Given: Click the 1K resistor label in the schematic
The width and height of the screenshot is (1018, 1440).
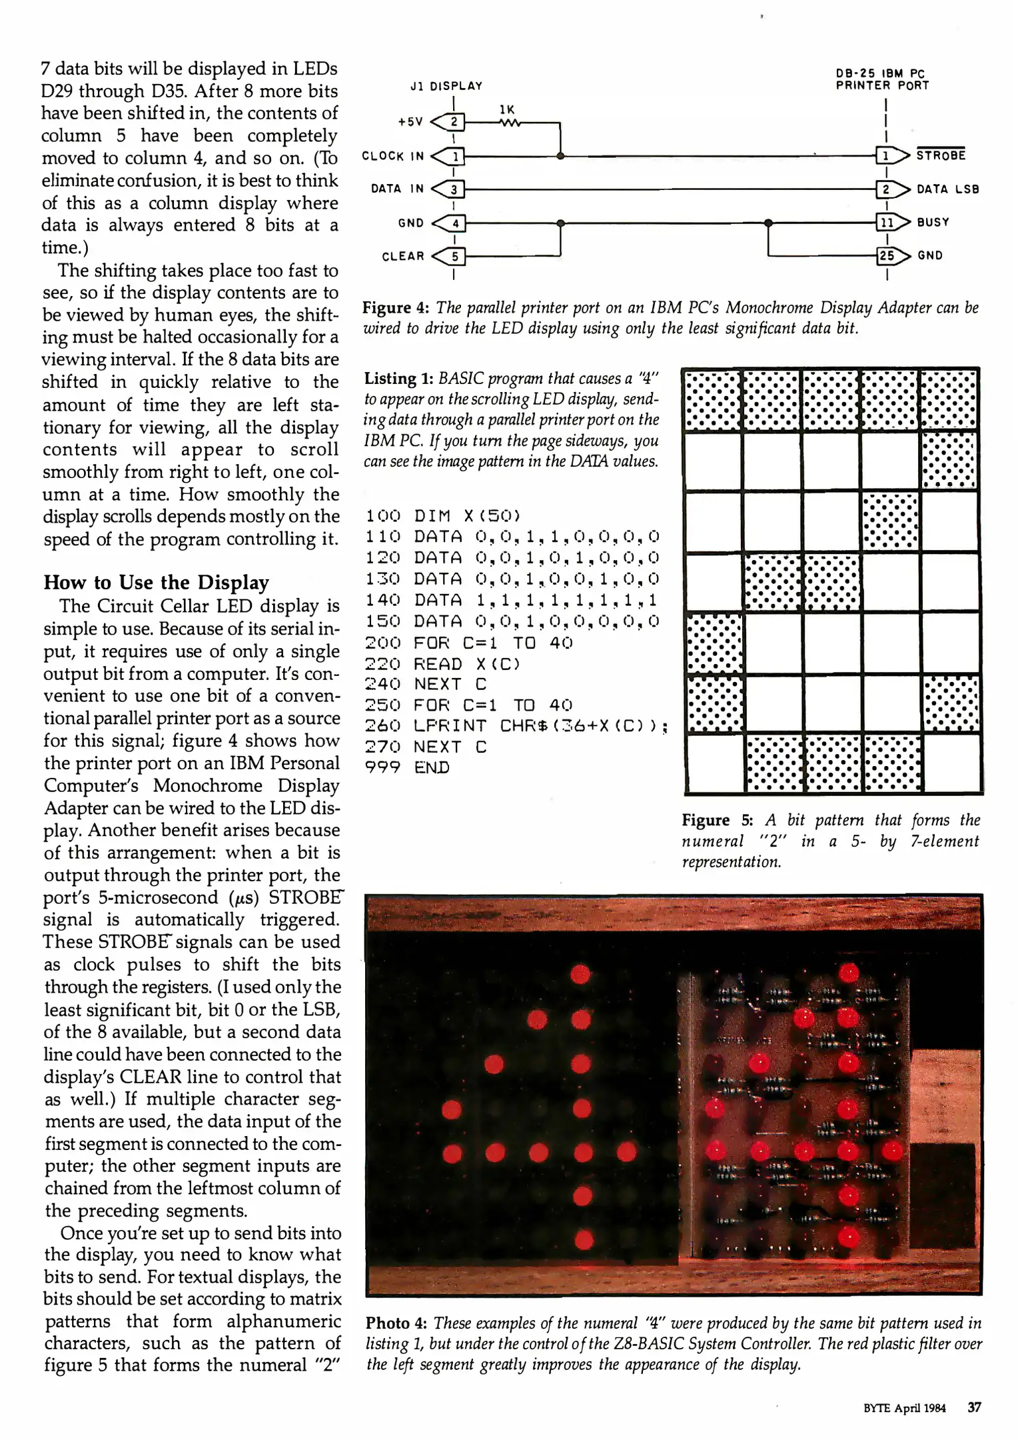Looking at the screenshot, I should (x=507, y=110).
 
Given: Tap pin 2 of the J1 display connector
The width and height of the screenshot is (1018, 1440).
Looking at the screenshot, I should (x=454, y=122).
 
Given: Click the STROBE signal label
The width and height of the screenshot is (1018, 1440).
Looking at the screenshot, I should (x=941, y=155).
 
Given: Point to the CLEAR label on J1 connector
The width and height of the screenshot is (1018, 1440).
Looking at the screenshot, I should (x=403, y=256).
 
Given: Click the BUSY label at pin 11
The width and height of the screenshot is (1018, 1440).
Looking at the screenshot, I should (x=933, y=222).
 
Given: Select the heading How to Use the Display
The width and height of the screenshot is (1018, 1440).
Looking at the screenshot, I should (x=156, y=582).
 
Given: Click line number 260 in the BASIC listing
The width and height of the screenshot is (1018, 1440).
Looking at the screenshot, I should (x=383, y=726).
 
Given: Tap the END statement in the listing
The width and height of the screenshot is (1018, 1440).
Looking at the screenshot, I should (x=432, y=767).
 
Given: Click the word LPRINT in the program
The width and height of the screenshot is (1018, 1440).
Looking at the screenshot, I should (x=450, y=726).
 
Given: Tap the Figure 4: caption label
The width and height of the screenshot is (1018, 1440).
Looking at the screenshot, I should (x=396, y=308).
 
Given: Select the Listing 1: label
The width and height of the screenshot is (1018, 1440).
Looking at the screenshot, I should (x=398, y=379).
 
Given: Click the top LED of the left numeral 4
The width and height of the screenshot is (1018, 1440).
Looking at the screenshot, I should (x=580, y=974).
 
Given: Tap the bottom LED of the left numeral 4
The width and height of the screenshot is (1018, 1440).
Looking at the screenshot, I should (x=584, y=1240).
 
